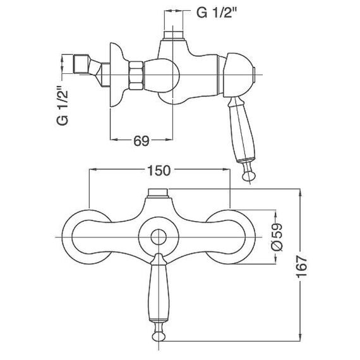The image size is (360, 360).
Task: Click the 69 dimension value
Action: [x=141, y=141]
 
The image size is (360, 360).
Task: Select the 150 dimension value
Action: [x=159, y=171]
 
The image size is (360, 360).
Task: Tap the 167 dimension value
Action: [x=301, y=267]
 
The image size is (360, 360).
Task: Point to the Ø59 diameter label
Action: [x=277, y=237]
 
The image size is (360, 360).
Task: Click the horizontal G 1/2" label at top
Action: [x=216, y=13]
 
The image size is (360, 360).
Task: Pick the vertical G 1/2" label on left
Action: [x=63, y=105]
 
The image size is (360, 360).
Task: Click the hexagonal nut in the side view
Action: [x=136, y=75]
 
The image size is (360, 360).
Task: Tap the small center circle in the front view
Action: [x=159, y=237]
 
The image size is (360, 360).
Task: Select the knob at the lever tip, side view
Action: [x=249, y=175]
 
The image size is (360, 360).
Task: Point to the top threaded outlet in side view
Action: [x=173, y=35]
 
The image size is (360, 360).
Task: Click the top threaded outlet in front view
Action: [x=159, y=193]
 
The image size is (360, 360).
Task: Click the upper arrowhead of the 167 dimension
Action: [x=300, y=193]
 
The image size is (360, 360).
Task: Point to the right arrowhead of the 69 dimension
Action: [x=169, y=139]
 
